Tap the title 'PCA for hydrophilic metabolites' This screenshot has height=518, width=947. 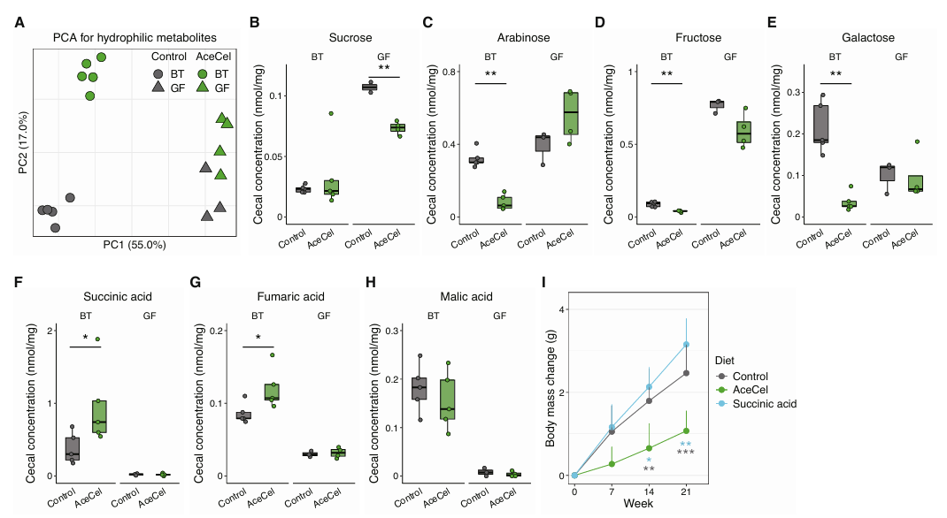click(x=135, y=38)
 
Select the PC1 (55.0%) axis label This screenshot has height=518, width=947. click(x=135, y=245)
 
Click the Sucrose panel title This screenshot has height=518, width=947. click(x=350, y=38)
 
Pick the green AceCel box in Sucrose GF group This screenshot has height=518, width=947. click(x=397, y=127)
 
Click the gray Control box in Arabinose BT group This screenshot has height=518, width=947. click(x=478, y=160)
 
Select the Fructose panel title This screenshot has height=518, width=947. click(x=698, y=38)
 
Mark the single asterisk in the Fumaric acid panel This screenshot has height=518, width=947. click(x=258, y=337)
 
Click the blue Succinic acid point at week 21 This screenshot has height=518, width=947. click(x=686, y=345)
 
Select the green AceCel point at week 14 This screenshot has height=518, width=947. click(x=649, y=448)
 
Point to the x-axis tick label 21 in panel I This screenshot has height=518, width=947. click(x=686, y=491)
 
